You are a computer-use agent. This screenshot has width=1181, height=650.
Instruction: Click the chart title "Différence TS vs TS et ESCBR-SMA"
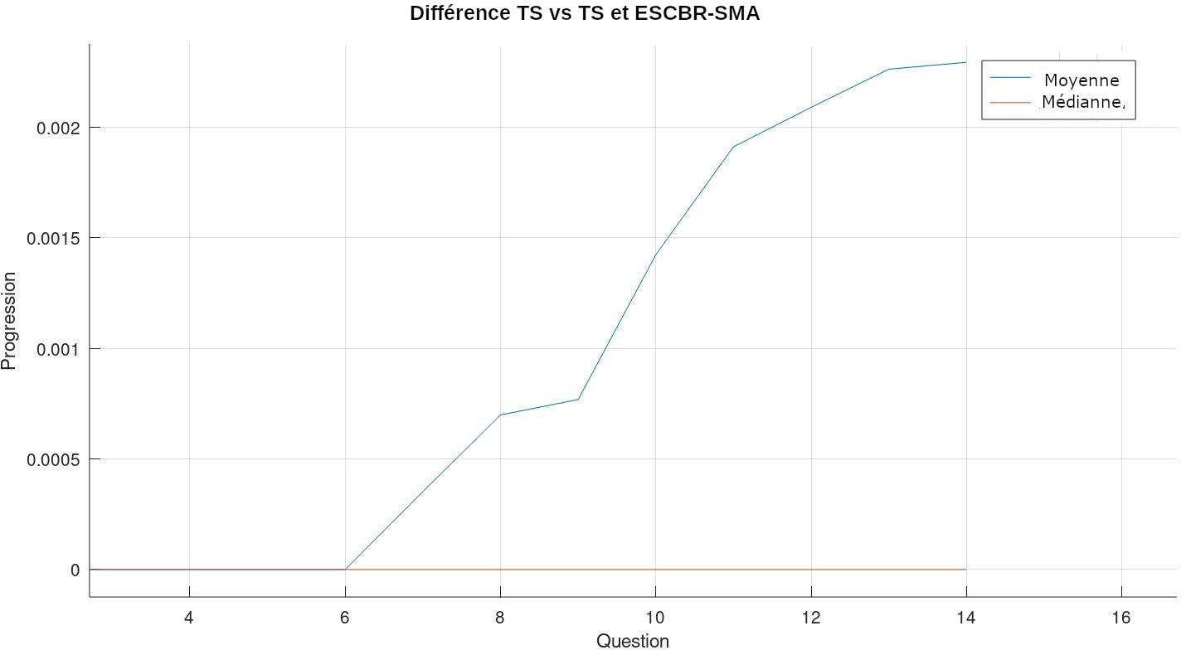[x=584, y=13]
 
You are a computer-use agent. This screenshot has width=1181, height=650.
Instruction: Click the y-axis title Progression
[x=9, y=321]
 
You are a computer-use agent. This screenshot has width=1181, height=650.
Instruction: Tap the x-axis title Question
[x=632, y=640]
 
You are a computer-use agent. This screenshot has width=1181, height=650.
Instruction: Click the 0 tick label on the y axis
[x=75, y=570]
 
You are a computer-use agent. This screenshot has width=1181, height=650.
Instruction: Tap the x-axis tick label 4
[x=189, y=618]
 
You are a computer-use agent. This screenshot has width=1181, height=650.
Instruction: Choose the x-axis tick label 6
[x=345, y=618]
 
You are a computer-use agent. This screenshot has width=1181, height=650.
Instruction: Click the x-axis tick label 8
[x=500, y=618]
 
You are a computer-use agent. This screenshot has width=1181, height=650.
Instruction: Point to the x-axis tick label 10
[x=655, y=618]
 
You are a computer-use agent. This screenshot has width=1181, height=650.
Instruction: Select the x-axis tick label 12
[x=810, y=618]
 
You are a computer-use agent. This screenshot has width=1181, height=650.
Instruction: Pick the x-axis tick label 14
[x=966, y=618]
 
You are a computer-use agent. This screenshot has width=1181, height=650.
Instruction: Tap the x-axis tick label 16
[x=1121, y=618]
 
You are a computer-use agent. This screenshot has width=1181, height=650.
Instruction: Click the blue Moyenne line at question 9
[x=578, y=400]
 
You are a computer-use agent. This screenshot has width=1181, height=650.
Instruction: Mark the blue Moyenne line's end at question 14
[x=966, y=62]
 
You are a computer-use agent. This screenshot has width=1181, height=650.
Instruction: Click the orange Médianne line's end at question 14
[x=966, y=570]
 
